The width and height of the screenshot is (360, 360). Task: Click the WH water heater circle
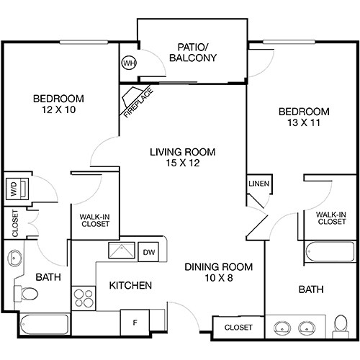pyautogui.click(x=130, y=63)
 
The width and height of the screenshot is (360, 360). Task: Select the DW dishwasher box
pyautogui.click(x=149, y=251)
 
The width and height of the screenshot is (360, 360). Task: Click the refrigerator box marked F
pyautogui.click(x=134, y=322)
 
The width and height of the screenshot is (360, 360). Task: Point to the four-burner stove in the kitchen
pyautogui.click(x=84, y=297)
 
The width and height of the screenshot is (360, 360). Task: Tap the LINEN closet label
pyautogui.click(x=258, y=184)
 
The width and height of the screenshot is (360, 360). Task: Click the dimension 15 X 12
pyautogui.click(x=182, y=164)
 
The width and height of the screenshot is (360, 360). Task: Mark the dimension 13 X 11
pyautogui.click(x=304, y=123)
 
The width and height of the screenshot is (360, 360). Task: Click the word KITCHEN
pyautogui.click(x=130, y=286)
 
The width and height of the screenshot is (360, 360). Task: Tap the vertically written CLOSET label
pyautogui.click(x=14, y=223)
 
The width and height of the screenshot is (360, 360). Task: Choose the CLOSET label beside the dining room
pyautogui.click(x=238, y=328)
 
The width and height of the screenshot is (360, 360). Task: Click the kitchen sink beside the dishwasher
pyautogui.click(x=117, y=251)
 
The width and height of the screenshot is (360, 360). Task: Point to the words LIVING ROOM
pyautogui.click(x=182, y=152)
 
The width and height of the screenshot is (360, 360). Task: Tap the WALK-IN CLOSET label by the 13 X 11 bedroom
pyautogui.click(x=330, y=217)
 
